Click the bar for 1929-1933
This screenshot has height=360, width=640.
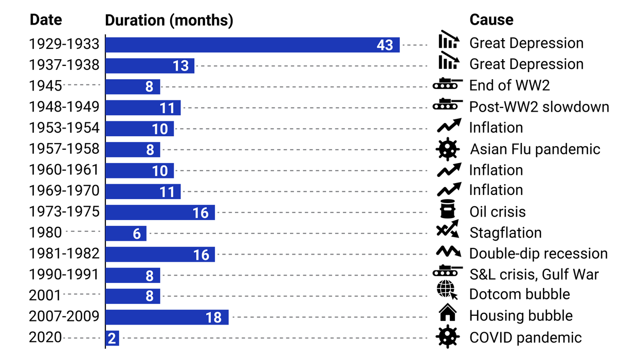point(252,45)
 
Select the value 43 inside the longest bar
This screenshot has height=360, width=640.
point(385,45)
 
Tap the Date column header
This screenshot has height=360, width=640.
point(46,20)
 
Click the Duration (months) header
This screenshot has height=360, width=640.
point(169,20)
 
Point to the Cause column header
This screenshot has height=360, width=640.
point(491,20)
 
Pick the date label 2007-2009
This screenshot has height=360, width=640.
point(64,316)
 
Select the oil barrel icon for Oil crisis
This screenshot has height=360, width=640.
point(447,209)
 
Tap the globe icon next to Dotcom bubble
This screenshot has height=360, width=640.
point(447,293)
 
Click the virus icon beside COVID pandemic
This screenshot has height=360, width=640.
point(447,337)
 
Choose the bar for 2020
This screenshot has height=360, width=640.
point(112,338)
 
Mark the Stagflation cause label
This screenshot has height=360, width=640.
point(505,233)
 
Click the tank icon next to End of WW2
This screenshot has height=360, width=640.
point(447,84)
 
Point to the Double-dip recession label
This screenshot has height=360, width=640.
point(538,254)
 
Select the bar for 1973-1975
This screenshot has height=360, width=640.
point(160,212)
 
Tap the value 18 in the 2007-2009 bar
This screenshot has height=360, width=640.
point(213,317)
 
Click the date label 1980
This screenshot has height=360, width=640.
point(46,232)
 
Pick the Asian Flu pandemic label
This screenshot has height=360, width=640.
point(535,150)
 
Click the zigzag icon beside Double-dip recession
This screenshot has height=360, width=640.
point(447,251)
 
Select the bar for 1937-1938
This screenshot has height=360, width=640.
point(150,65)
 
